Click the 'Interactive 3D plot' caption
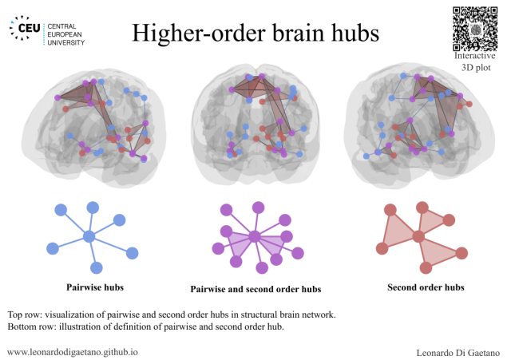(x=477, y=61)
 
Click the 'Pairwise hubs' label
(x=94, y=285)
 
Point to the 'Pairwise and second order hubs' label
(x=255, y=288)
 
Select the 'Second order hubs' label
(x=426, y=287)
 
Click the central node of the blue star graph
(x=89, y=236)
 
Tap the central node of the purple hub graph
(x=254, y=236)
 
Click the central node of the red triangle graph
(x=417, y=235)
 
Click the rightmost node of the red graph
(x=462, y=253)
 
